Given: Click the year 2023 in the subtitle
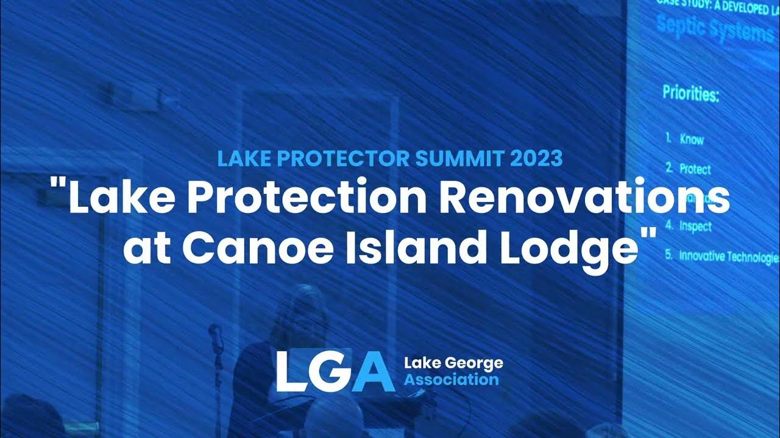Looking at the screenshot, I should [x=536, y=159].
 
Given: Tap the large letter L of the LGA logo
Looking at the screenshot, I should [x=291, y=371].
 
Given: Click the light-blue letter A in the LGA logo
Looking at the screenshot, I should [x=372, y=371].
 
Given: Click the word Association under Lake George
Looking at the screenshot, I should [x=452, y=380].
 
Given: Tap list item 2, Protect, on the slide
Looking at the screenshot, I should [x=695, y=169].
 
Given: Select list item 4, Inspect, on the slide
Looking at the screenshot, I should [x=695, y=227].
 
